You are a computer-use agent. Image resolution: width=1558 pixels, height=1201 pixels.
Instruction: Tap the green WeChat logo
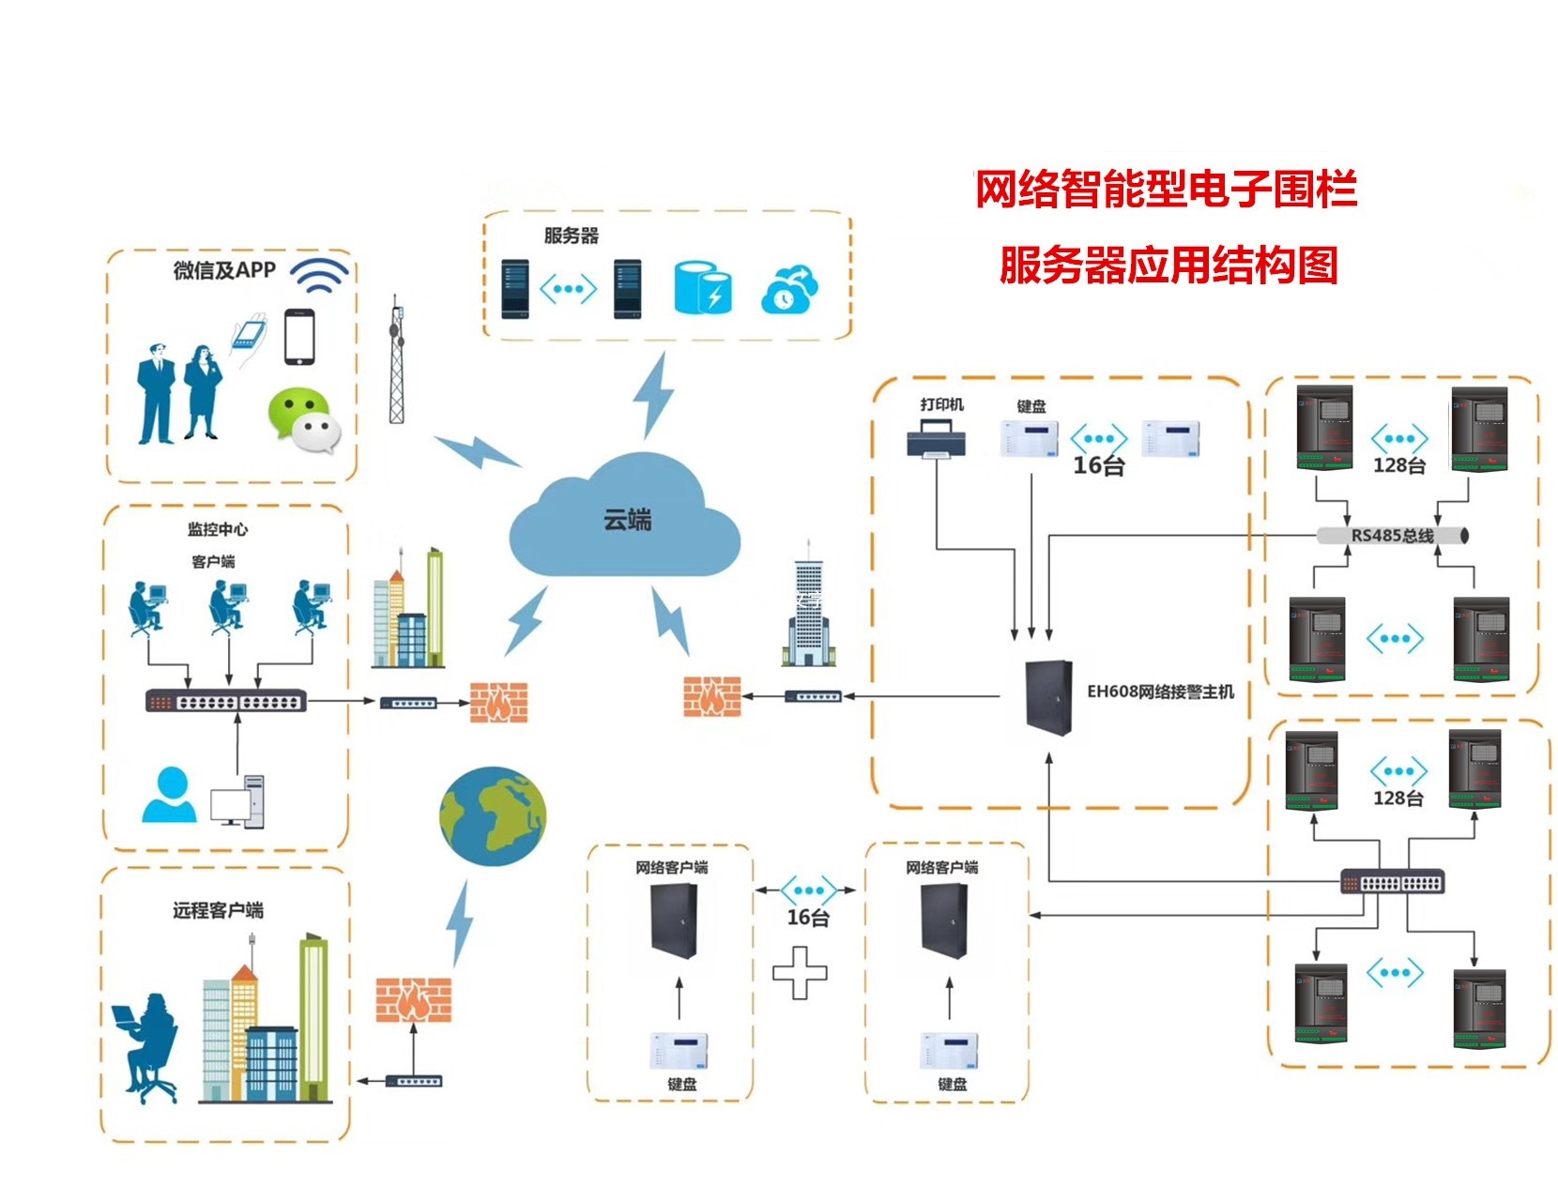click(x=302, y=421)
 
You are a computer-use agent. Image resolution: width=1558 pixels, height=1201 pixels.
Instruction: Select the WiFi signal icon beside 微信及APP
click(x=319, y=274)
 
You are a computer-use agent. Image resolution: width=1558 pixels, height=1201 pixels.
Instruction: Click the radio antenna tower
click(x=397, y=361)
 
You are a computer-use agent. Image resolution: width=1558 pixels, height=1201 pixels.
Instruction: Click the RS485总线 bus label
click(x=1392, y=536)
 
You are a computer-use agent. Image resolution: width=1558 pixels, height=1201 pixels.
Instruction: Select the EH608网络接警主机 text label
click(x=1160, y=692)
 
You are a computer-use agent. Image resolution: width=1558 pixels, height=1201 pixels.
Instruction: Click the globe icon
click(x=492, y=817)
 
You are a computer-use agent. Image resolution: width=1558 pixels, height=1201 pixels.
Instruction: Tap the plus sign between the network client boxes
click(x=800, y=973)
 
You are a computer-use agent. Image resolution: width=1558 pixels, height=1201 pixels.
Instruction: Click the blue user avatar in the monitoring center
click(x=170, y=796)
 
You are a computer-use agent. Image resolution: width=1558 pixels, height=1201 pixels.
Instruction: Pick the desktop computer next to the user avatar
click(x=238, y=801)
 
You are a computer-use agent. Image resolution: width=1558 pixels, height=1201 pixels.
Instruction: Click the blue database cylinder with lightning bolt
click(x=702, y=289)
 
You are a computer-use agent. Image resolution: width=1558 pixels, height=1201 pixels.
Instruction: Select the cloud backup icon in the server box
click(x=789, y=290)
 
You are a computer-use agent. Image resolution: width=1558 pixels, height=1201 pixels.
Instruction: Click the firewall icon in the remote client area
click(x=413, y=999)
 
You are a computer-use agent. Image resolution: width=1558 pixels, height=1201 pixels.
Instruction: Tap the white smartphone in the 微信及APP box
click(x=299, y=337)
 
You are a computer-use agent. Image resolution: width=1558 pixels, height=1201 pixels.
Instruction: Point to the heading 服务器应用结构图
click(x=1168, y=266)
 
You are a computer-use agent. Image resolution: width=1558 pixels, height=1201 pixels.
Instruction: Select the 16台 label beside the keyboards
click(x=1098, y=466)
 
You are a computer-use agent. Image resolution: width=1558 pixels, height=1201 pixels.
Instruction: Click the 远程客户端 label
click(x=218, y=910)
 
